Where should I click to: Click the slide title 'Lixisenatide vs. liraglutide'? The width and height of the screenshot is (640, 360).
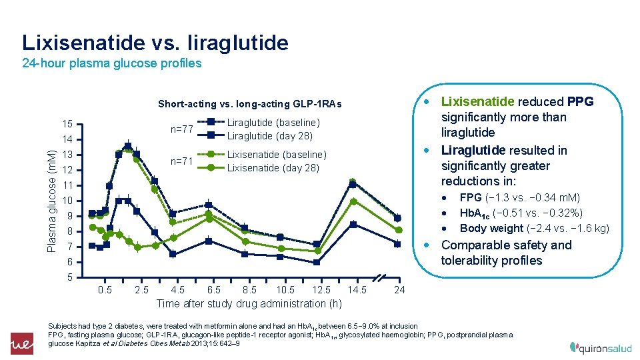[x=155, y=43]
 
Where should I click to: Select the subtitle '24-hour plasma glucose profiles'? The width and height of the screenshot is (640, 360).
[x=111, y=64]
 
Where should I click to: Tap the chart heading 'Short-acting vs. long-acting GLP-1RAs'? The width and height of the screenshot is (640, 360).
[x=249, y=104]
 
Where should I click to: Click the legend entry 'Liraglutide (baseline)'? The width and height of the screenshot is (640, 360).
[x=273, y=123]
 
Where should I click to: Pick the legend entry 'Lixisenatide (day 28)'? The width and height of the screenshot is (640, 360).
[x=273, y=167]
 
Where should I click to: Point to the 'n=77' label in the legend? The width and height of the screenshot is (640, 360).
[x=182, y=129]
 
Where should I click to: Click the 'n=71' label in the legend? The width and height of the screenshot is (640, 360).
[x=182, y=161]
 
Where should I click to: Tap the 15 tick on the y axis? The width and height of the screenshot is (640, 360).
[x=69, y=124]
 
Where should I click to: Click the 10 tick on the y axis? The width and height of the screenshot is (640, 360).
[x=69, y=201]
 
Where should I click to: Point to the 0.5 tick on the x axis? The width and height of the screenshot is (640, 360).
[x=105, y=290]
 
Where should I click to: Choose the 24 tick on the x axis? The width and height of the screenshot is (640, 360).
[x=399, y=290]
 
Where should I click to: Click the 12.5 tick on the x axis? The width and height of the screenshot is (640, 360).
[x=321, y=290]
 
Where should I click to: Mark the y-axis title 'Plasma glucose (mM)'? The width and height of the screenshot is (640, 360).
[x=51, y=200]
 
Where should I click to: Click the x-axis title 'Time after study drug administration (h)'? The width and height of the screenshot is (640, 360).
[x=249, y=304]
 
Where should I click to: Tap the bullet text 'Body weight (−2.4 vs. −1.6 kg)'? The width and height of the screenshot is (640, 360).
[x=534, y=228]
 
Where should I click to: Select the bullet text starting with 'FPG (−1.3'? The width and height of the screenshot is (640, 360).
[x=519, y=197]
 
